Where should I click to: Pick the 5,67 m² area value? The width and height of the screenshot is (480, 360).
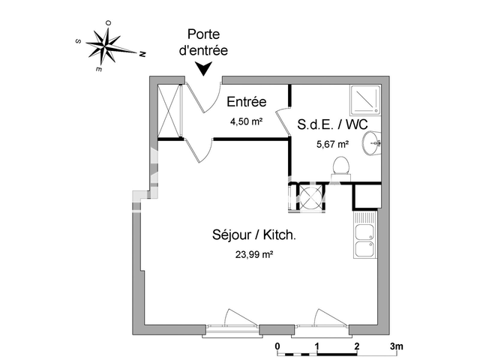pyautogui.click(x=333, y=144)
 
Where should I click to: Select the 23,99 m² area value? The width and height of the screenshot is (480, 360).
pyautogui.click(x=254, y=254)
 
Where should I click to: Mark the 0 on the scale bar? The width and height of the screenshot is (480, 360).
pyautogui.click(x=277, y=346)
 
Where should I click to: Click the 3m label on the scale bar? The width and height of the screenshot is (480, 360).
pyautogui.click(x=396, y=346)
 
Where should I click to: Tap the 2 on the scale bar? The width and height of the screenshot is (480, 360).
pyautogui.click(x=356, y=346)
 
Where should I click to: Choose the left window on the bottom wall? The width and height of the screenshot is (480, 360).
pyautogui.click(x=232, y=322)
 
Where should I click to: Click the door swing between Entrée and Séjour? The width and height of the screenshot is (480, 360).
pyautogui.click(x=199, y=150)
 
